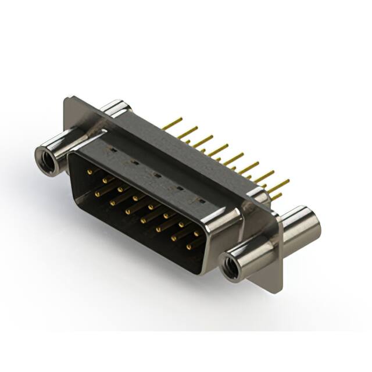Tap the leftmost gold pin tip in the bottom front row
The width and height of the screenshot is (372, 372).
pos(98,192)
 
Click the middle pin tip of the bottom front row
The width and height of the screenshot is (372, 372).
pos(142,220)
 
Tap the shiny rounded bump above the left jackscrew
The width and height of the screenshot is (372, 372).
pos(115,108)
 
